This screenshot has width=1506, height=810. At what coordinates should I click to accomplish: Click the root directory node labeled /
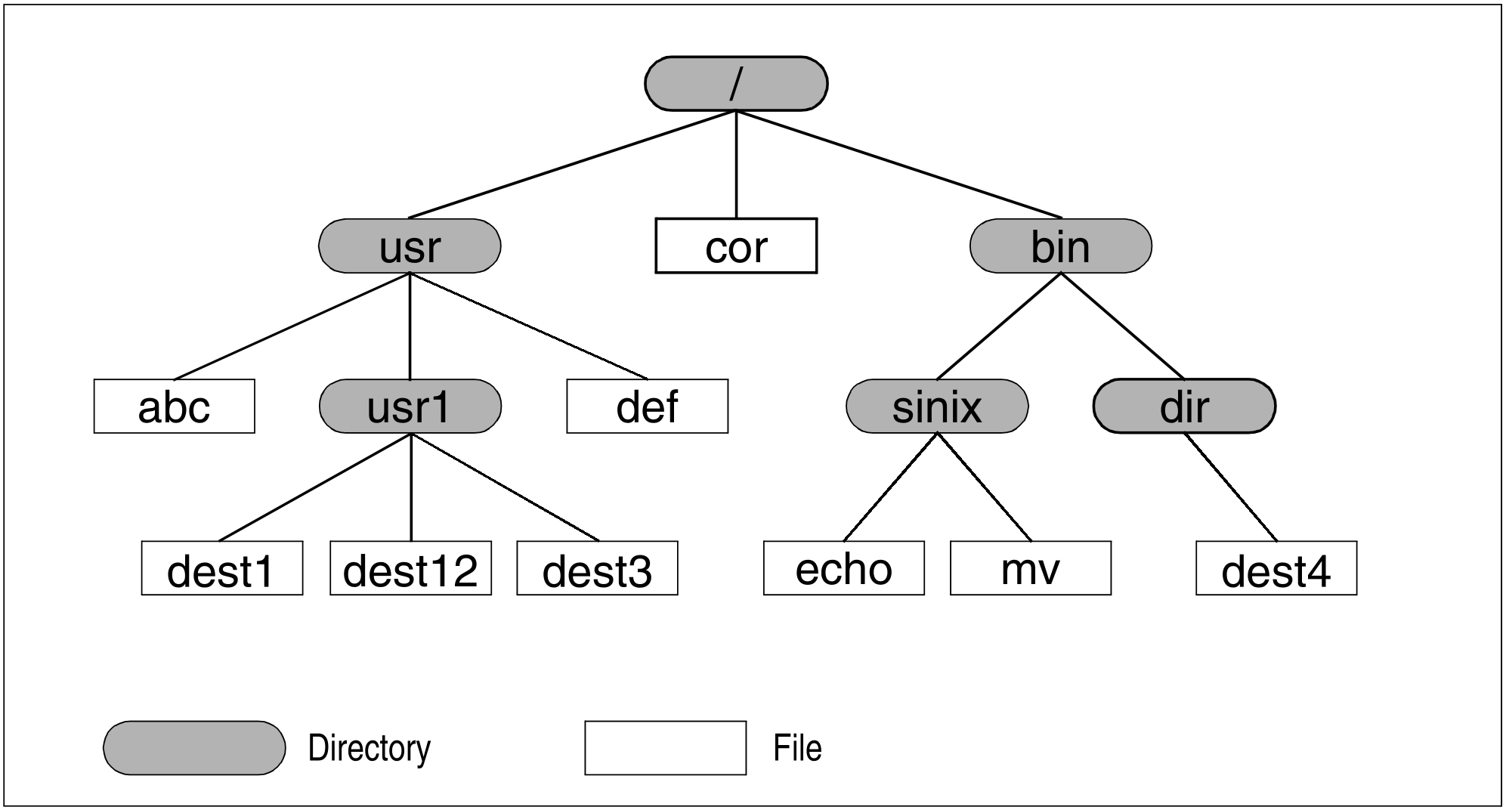click(736, 83)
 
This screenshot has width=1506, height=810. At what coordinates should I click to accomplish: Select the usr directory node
click(410, 246)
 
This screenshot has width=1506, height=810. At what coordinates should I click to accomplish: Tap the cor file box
click(736, 246)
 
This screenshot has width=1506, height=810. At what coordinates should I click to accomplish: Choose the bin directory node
click(1060, 246)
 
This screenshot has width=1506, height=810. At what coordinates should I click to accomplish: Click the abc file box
click(175, 407)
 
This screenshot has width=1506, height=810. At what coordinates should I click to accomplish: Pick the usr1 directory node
click(410, 407)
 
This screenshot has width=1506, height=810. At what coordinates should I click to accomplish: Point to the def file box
click(648, 407)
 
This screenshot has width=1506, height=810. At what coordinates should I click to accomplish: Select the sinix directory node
click(937, 407)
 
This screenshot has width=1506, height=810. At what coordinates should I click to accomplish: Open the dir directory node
click(1184, 407)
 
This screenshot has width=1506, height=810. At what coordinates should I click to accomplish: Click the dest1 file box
click(222, 568)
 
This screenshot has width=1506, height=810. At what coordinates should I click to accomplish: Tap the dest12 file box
click(411, 568)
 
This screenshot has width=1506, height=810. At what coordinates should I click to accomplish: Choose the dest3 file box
click(597, 568)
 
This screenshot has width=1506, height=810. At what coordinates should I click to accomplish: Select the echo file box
click(844, 568)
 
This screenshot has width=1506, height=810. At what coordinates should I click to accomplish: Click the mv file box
click(1031, 568)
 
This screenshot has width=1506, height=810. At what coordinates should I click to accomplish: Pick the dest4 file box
click(1276, 568)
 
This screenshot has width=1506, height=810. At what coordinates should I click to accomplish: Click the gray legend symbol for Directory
click(194, 748)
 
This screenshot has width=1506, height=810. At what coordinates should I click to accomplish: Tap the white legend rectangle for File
click(666, 748)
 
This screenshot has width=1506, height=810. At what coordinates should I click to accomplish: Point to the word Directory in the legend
click(370, 748)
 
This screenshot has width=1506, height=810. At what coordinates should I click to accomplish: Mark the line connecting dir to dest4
click(1230, 487)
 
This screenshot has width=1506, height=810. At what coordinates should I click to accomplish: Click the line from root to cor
click(736, 165)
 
